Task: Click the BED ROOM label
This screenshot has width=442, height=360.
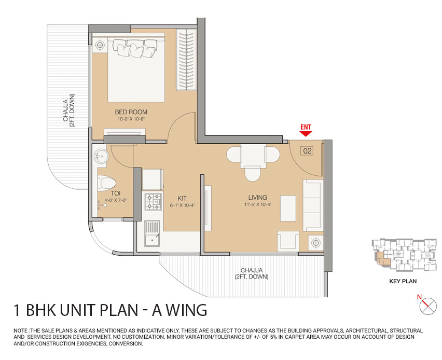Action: pyautogui.click(x=131, y=112)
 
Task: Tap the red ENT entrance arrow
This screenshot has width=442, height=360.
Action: pyautogui.click(x=306, y=133)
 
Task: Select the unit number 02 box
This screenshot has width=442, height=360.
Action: pyautogui.click(x=307, y=151)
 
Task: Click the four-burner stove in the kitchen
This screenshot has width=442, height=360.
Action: pyautogui.click(x=153, y=201)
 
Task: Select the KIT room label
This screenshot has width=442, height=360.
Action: pyautogui.click(x=181, y=198)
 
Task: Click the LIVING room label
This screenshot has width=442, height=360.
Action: pyautogui.click(x=257, y=197)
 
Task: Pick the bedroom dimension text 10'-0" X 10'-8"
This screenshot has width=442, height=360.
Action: pyautogui.click(x=131, y=119)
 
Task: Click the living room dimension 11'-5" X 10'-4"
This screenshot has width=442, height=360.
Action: pyautogui.click(x=258, y=204)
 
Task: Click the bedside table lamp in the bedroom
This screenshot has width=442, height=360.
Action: pyautogui.click(x=101, y=45)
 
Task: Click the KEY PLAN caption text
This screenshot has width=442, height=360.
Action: pyautogui.click(x=403, y=282)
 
